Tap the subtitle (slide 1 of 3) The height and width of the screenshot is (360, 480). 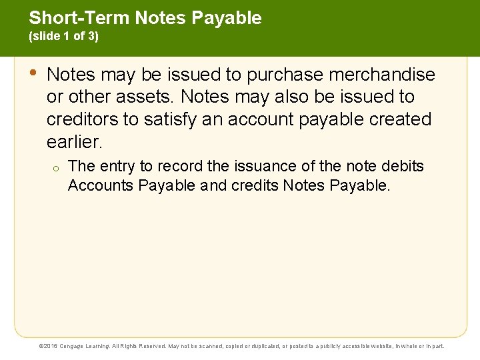(64, 37)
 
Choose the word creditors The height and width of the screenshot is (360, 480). (83, 119)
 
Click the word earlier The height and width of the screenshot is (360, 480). (73, 142)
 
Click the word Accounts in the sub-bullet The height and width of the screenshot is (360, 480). (100, 185)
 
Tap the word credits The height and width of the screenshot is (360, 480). (256, 185)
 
